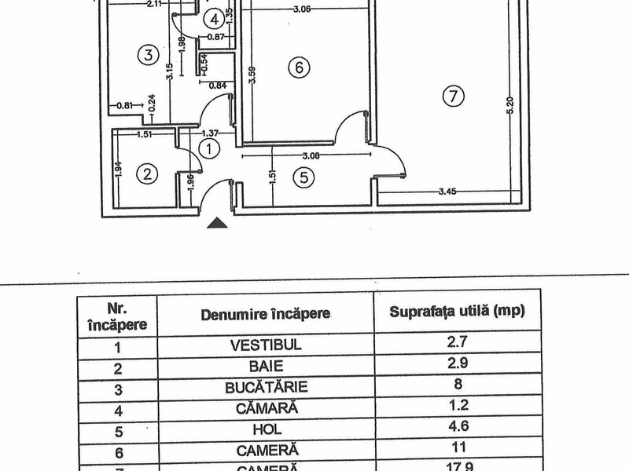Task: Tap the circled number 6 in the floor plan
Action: click(296, 68)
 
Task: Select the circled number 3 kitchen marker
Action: click(144, 54)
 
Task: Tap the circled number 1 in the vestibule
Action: click(208, 147)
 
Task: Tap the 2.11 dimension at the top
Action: click(154, 5)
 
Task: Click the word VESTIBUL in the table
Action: click(267, 344)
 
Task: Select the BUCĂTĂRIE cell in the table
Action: click(266, 387)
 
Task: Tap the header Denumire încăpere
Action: click(266, 315)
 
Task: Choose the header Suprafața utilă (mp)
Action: click(457, 310)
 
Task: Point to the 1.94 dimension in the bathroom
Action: click(118, 170)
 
